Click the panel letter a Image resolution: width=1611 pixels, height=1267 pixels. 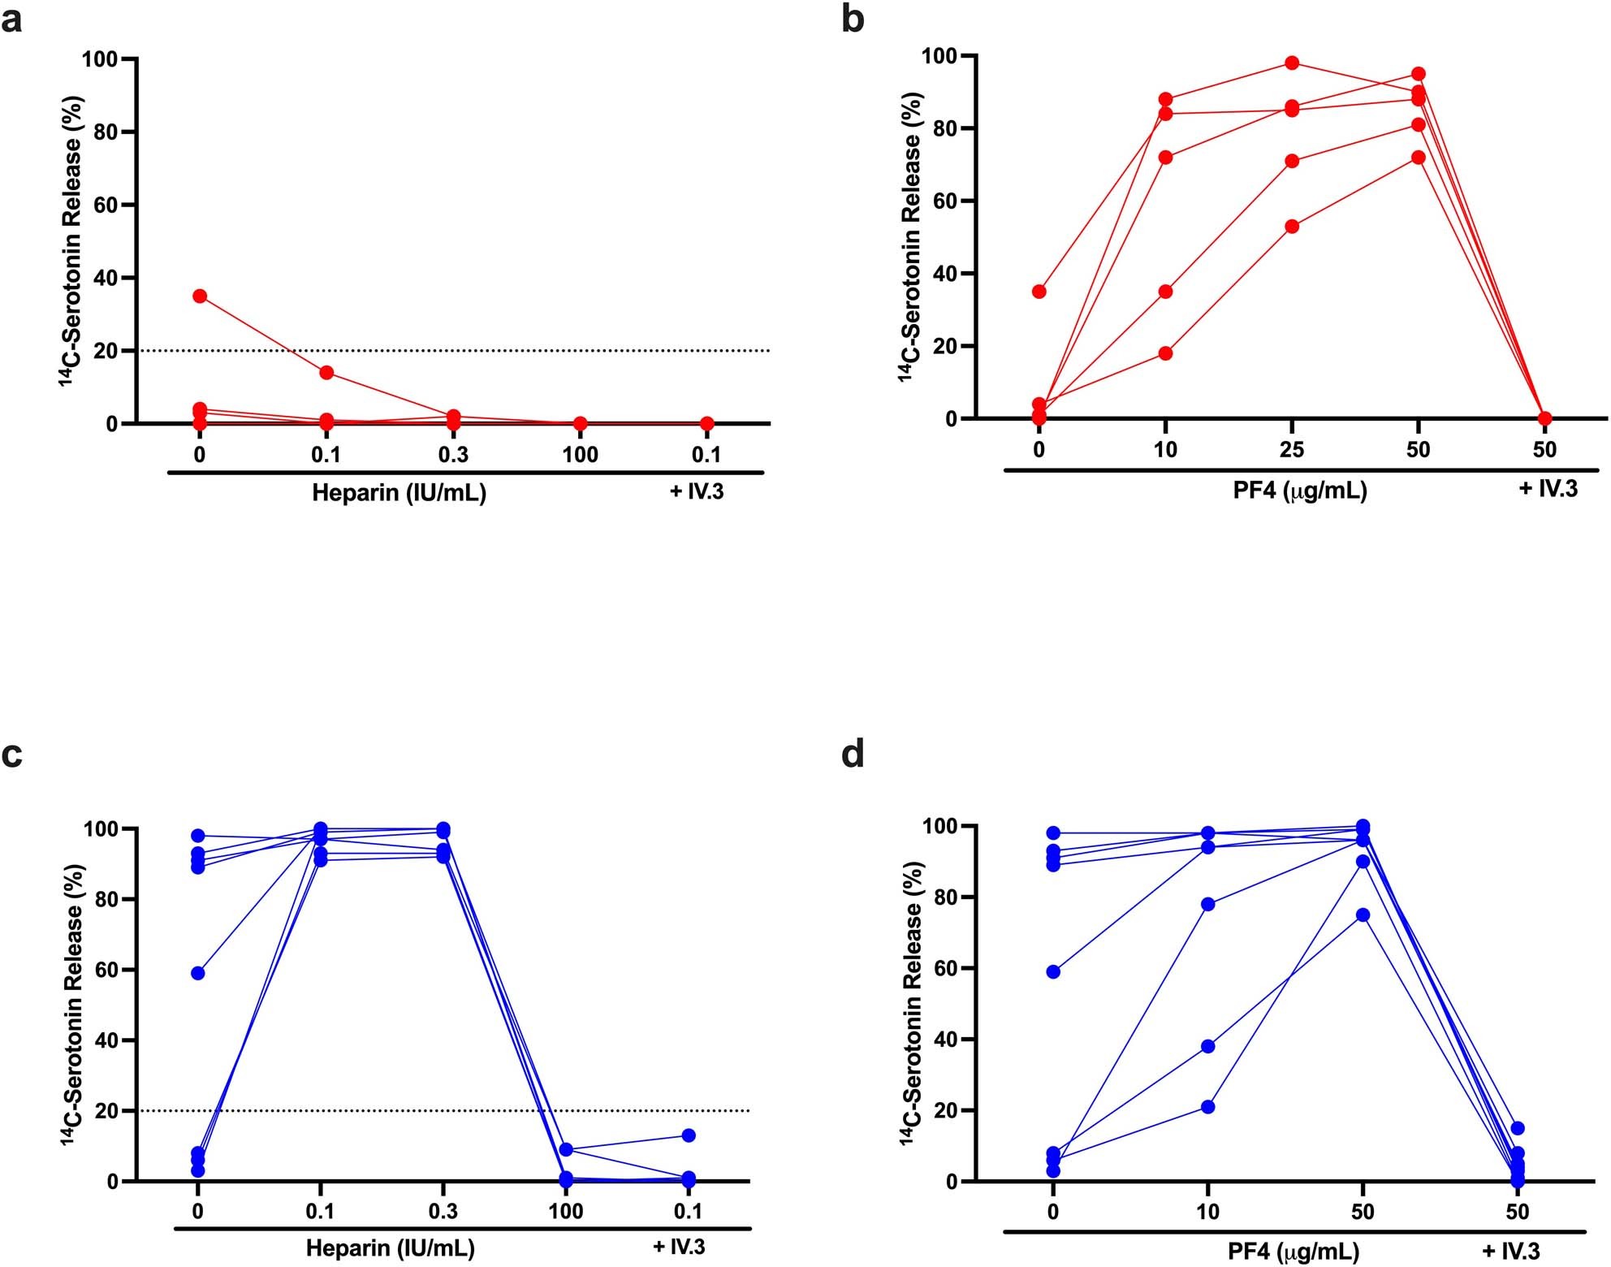[x=12, y=19]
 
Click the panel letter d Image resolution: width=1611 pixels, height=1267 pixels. [x=853, y=755]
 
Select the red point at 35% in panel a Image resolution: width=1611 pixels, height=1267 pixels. [x=200, y=296]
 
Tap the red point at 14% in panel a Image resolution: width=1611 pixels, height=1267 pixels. [x=326, y=373]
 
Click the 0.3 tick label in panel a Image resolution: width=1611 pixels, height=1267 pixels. [x=453, y=455]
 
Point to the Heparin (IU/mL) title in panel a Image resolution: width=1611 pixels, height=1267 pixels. [x=399, y=492]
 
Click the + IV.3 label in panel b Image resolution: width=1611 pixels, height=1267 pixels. [x=1548, y=488]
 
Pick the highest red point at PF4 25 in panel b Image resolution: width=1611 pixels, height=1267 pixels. [x=1292, y=63]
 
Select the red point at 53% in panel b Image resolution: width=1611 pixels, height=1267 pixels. [x=1292, y=227]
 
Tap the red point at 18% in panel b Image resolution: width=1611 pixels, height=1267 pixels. [x=1165, y=353]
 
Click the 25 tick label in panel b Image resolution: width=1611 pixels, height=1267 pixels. [x=1292, y=449]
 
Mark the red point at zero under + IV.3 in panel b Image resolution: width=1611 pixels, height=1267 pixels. [x=1544, y=418]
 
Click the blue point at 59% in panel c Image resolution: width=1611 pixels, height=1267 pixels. [x=197, y=973]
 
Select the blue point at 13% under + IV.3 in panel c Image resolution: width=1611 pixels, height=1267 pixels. [x=689, y=1135]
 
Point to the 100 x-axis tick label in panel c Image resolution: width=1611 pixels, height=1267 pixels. [x=565, y=1212]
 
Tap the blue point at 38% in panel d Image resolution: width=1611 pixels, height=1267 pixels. [x=1207, y=1046]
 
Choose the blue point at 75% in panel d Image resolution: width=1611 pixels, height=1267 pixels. [x=1363, y=915]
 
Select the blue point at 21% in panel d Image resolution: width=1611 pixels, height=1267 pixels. [x=1207, y=1107]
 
